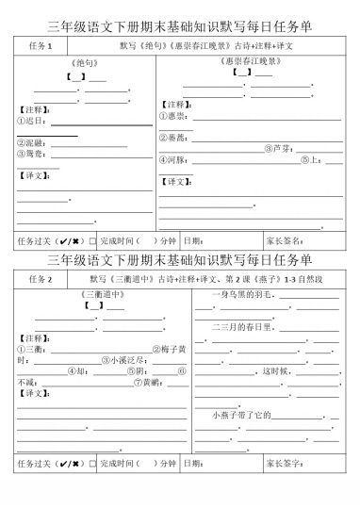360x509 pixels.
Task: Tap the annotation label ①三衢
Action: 32,349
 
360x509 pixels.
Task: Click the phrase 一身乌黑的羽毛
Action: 241,296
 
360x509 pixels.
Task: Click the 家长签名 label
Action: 285,240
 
